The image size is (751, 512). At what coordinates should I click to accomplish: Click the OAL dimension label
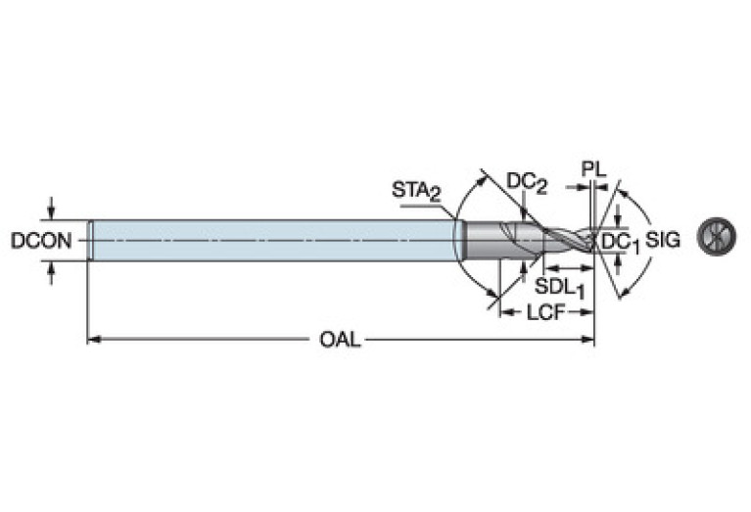coord(340,340)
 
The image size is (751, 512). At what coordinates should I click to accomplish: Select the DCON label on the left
coord(41,240)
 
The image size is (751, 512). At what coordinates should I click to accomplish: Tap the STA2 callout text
coord(415,190)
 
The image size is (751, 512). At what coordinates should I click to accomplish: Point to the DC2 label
coord(526,181)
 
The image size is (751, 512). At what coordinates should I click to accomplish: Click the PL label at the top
coord(593,168)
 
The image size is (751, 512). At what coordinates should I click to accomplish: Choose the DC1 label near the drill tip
coord(620,243)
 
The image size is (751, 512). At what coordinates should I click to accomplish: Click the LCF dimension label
coord(546,312)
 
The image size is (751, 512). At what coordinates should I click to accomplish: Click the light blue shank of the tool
coord(274,240)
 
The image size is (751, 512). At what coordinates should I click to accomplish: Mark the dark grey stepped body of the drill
coord(490,240)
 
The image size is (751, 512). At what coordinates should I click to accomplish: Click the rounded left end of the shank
coord(91,240)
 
